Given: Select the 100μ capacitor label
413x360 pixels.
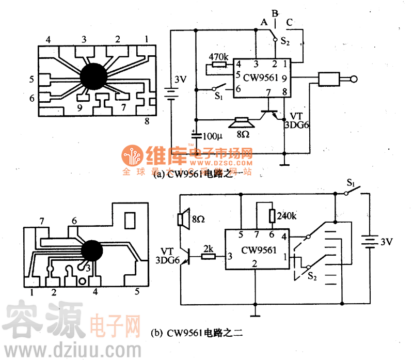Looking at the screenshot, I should (x=211, y=137).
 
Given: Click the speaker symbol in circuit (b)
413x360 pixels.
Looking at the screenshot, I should (x=181, y=220).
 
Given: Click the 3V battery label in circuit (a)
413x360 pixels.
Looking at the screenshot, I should (x=180, y=80).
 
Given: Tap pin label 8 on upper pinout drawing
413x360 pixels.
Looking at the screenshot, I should (x=147, y=121).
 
